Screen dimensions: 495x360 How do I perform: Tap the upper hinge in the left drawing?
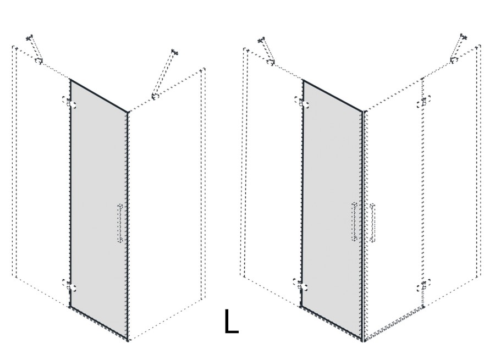69,102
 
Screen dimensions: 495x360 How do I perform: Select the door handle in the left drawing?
120,223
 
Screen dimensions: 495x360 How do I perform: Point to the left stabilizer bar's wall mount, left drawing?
30,38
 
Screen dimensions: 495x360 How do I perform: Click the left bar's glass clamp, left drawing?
38,60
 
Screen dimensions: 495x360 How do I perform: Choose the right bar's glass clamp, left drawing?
155,96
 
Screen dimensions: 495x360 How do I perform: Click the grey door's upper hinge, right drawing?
301,103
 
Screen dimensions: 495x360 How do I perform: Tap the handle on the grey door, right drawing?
355,222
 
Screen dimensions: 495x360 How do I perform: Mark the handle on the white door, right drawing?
372,223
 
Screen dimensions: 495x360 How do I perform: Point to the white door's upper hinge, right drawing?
423,103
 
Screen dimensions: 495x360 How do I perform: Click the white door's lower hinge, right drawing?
423,286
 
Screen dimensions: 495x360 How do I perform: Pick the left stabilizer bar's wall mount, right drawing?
261,40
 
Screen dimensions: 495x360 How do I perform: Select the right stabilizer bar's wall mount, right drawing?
463,36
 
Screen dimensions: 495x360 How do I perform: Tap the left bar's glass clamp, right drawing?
270,62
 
